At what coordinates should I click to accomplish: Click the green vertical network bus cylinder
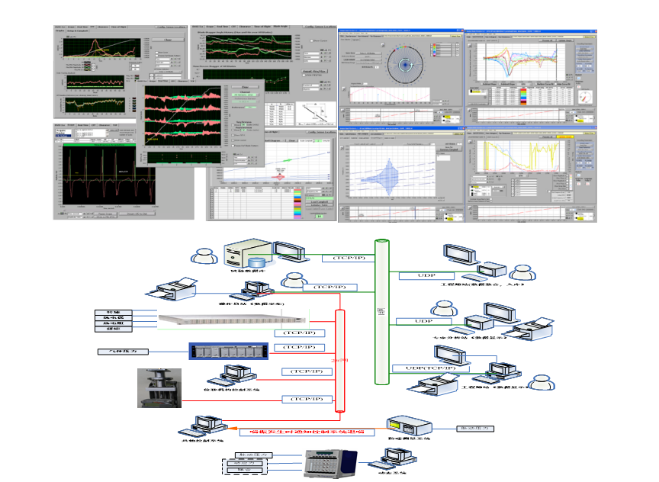pyautogui.click(x=381, y=313)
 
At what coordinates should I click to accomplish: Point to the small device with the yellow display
pyautogui.click(x=403, y=429)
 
